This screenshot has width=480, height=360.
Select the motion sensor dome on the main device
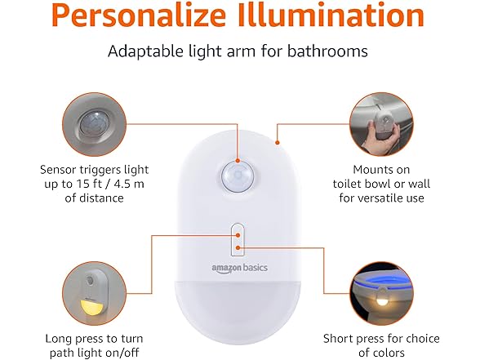point(238,176)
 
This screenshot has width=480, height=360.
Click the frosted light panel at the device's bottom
point(238,314)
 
